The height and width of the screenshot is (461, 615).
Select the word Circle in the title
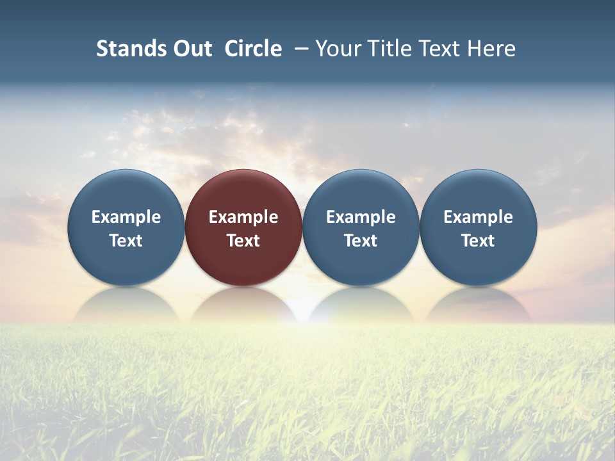coord(253,49)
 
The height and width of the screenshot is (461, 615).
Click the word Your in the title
coord(337,49)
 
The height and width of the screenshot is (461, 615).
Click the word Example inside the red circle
coord(243,217)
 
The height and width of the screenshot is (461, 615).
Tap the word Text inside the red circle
coord(243,241)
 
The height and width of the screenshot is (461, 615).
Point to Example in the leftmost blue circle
coord(126,217)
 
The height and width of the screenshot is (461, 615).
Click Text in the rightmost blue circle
coord(478,241)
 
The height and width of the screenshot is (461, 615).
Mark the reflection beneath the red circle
coord(243,306)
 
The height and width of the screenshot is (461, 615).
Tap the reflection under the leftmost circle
coord(126,306)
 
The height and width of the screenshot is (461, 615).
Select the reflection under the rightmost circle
coord(478,306)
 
